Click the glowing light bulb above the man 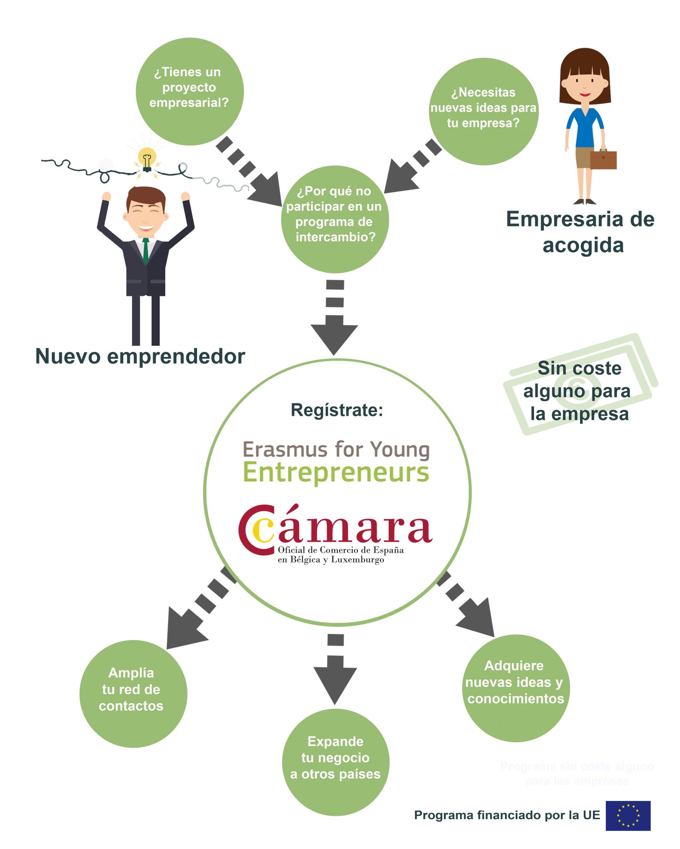[146, 158]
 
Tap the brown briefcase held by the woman [603, 160]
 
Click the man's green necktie [146, 251]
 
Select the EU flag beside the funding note [628, 815]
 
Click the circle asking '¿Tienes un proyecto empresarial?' [190, 92]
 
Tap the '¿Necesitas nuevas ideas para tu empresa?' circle [483, 111]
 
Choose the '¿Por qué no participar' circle [335, 219]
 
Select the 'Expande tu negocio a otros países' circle [336, 762]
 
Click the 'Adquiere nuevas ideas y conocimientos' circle [516, 688]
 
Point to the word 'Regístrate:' [337, 410]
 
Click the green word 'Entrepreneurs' [336, 473]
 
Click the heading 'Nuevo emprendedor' [140, 357]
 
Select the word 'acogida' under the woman [583, 245]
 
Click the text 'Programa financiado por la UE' [507, 815]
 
